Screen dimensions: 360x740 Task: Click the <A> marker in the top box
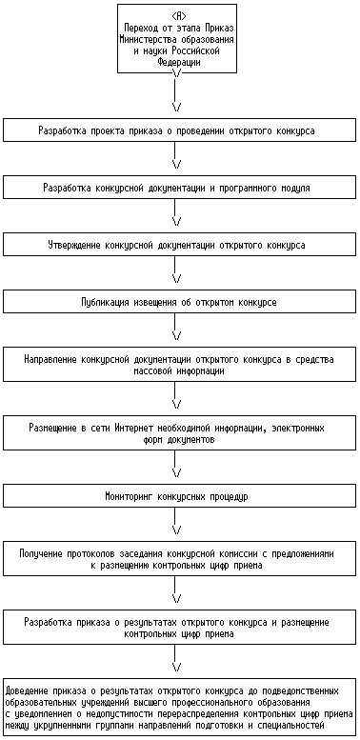[176, 16]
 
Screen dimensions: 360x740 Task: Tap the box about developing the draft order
[179, 130]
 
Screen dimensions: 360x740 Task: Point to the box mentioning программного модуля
[179, 187]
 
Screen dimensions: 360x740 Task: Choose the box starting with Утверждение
[179, 245]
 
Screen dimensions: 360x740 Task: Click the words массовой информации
[179, 370]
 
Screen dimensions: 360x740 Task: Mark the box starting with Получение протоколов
[179, 558]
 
